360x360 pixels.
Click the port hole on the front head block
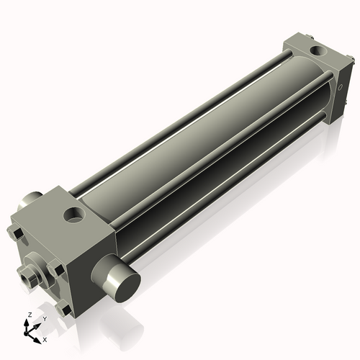(73, 214)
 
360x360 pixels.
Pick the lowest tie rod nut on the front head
(66, 310)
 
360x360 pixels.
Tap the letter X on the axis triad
(45, 338)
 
